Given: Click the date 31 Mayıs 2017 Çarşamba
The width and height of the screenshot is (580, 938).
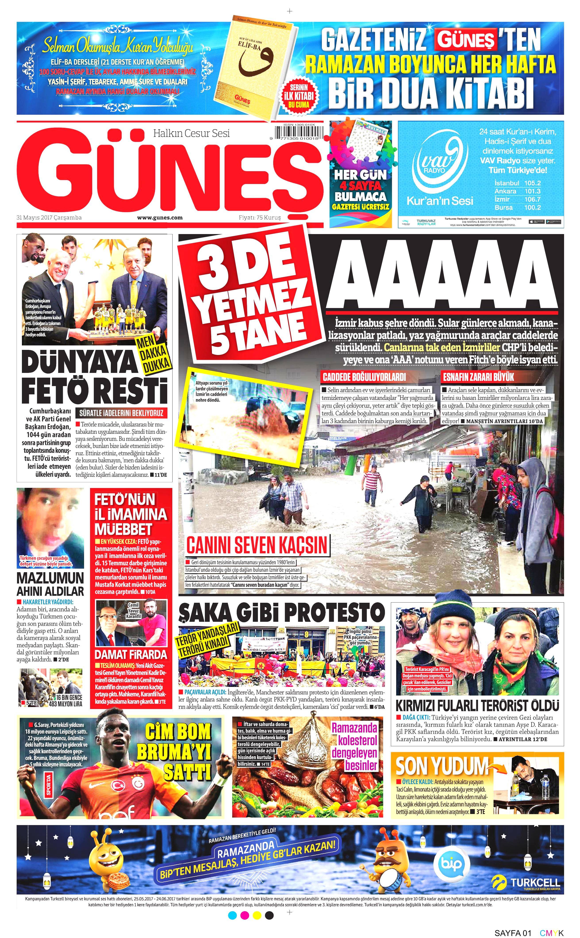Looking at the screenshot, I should click(x=49, y=217).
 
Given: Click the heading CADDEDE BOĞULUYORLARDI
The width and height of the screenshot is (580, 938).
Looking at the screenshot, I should click(x=364, y=377).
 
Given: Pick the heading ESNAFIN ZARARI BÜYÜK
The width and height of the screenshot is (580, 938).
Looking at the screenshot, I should click(x=478, y=377).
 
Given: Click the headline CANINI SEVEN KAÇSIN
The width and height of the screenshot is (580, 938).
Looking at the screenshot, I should click(x=257, y=545).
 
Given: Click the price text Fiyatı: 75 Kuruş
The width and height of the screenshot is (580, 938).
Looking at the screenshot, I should click(x=260, y=217).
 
